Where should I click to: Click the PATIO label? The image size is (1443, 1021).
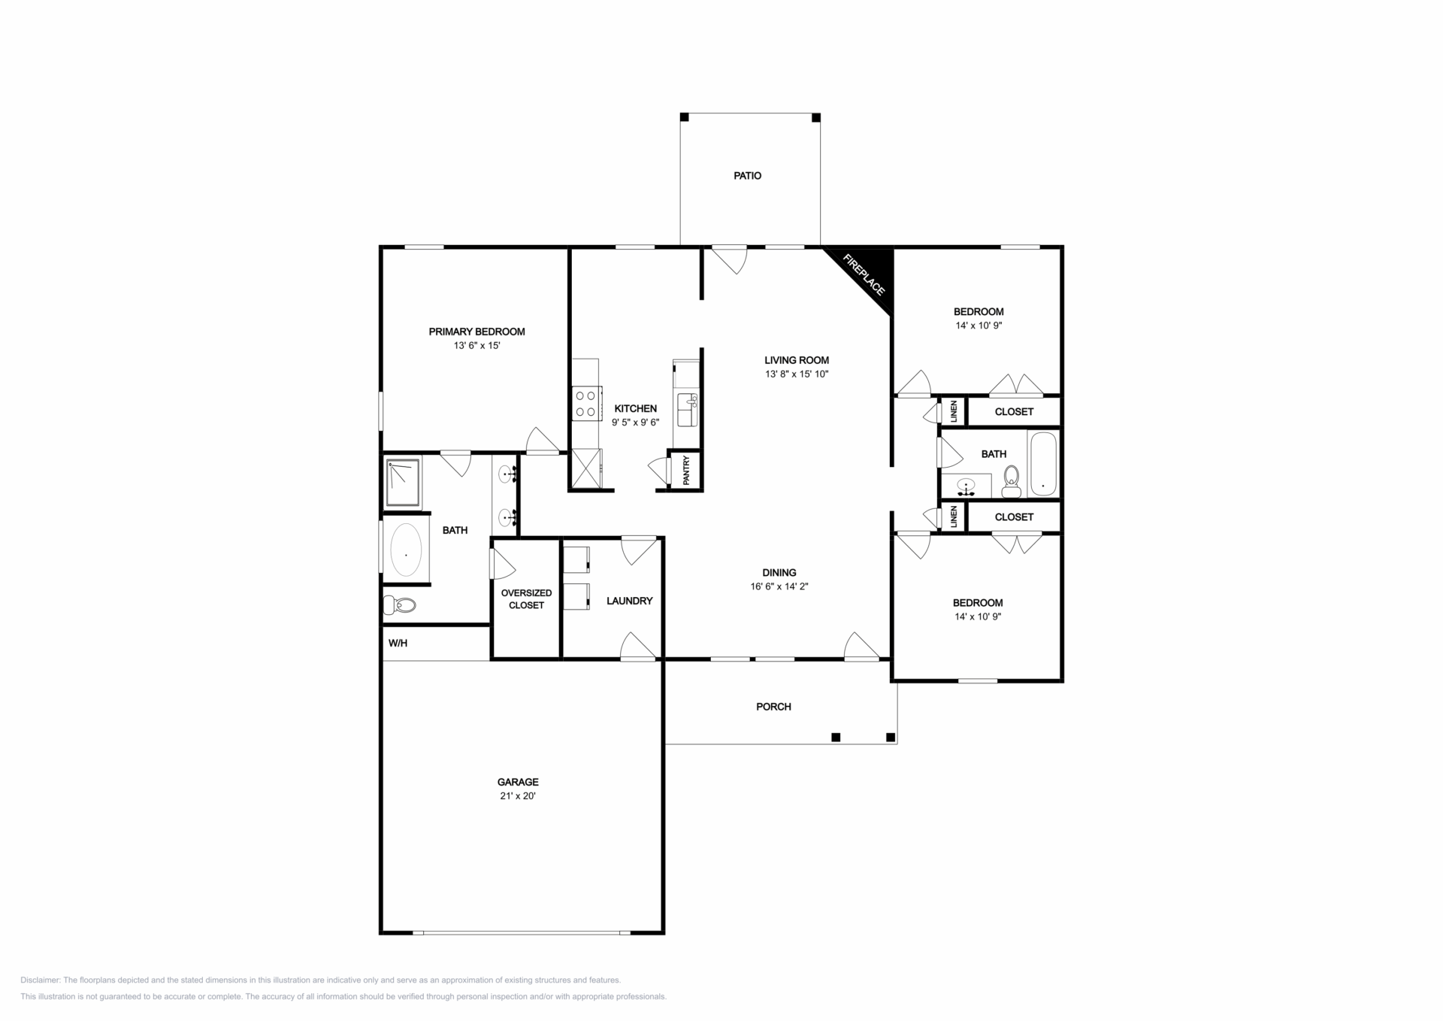coord(747,176)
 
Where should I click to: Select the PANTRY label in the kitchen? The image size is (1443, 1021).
coord(686,471)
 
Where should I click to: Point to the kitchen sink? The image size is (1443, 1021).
coord(687,409)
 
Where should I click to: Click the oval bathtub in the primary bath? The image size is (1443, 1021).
coord(406,550)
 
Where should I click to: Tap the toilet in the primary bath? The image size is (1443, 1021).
coord(400,604)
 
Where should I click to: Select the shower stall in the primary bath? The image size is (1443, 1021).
coord(403,481)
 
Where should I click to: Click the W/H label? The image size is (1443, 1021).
coord(398,644)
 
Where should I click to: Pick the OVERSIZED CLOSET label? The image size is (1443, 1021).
coord(526,599)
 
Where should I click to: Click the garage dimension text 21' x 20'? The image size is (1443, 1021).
coord(518,796)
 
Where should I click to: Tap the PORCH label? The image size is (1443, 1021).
coord(773,707)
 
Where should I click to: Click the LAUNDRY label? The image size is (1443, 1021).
coord(629,601)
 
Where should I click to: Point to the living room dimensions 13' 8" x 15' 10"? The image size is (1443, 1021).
coord(797,374)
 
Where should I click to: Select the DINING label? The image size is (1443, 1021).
coord(779,573)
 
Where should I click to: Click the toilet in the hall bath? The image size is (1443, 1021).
coord(1012,481)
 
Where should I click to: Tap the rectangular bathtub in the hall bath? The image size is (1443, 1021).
coord(1042,464)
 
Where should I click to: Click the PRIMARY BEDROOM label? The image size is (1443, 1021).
coord(476,332)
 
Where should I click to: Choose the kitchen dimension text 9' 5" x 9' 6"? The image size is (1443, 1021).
coord(635,423)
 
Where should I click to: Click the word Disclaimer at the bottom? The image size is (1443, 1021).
coord(40,980)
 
